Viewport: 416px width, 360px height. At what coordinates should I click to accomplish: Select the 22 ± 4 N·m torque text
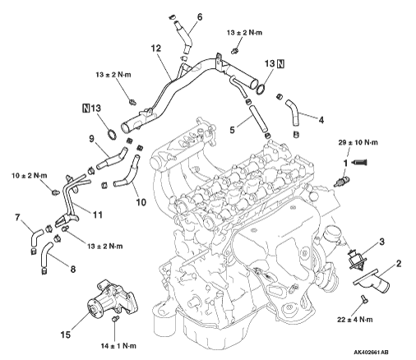click(354, 320)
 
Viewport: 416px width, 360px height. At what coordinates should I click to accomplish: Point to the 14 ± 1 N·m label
click(118, 346)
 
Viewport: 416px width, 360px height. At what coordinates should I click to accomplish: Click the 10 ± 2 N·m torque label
click(30, 176)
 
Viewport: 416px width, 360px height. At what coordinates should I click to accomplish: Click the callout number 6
click(200, 17)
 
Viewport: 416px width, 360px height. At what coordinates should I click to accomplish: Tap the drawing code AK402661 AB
click(371, 353)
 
